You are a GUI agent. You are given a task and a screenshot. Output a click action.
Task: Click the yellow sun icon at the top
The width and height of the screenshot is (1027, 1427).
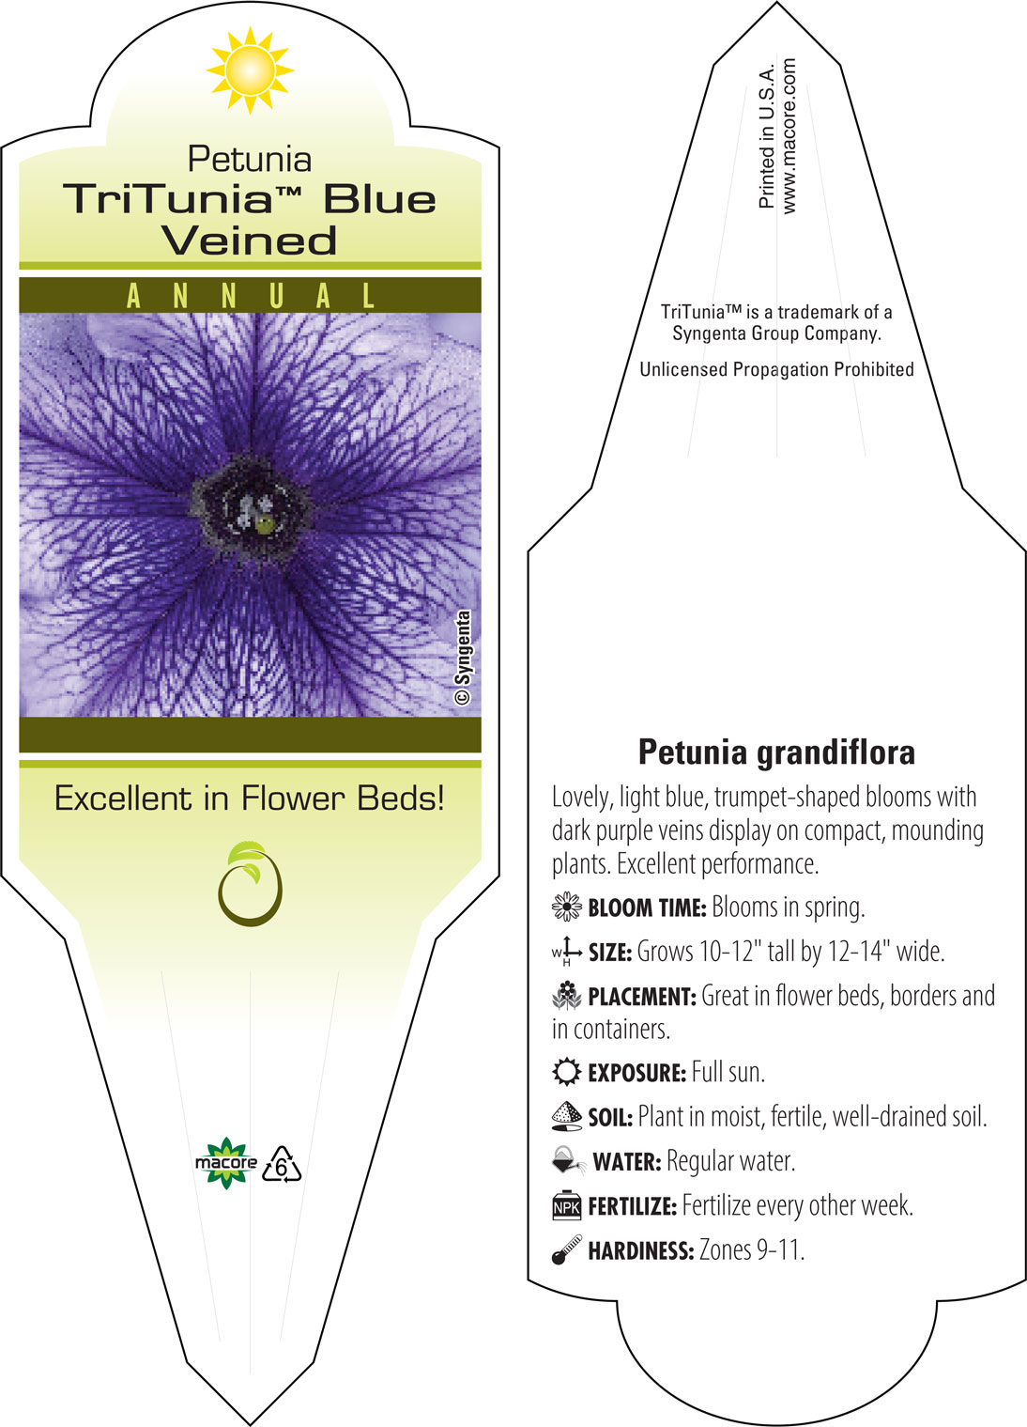click(250, 70)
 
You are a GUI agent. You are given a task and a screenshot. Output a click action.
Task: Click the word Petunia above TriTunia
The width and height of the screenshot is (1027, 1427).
click(250, 160)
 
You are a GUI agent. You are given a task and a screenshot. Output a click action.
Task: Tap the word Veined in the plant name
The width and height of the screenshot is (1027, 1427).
click(249, 240)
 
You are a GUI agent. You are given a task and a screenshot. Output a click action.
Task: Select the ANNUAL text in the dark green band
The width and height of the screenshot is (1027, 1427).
click(251, 296)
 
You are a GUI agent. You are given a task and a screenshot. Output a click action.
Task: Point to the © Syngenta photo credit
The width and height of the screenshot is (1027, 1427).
click(463, 658)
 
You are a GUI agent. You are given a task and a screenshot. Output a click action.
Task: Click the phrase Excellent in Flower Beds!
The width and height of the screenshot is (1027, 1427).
click(250, 799)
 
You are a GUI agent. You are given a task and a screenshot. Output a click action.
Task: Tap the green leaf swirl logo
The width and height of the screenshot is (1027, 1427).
click(250, 884)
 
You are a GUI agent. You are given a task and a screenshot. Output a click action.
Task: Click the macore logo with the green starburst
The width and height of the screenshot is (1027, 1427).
click(225, 1163)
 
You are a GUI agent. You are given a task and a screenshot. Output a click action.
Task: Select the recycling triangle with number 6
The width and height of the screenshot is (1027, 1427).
click(282, 1165)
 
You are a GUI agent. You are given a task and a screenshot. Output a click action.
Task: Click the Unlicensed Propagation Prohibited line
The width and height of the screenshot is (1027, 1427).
click(776, 369)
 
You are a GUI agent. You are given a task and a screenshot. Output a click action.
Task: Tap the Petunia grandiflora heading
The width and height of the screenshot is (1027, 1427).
click(776, 752)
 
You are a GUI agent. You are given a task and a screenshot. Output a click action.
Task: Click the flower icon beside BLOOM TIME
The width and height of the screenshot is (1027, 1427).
click(567, 907)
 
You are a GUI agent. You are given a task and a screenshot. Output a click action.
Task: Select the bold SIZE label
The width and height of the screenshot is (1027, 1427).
click(610, 953)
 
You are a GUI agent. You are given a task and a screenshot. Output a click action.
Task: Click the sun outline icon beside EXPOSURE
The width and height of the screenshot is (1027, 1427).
click(567, 1072)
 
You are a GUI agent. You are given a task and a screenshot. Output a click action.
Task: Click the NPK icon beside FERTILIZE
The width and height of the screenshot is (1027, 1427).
click(567, 1205)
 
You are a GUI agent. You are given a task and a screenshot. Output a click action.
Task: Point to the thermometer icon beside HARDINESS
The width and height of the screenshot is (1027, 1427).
click(567, 1249)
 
